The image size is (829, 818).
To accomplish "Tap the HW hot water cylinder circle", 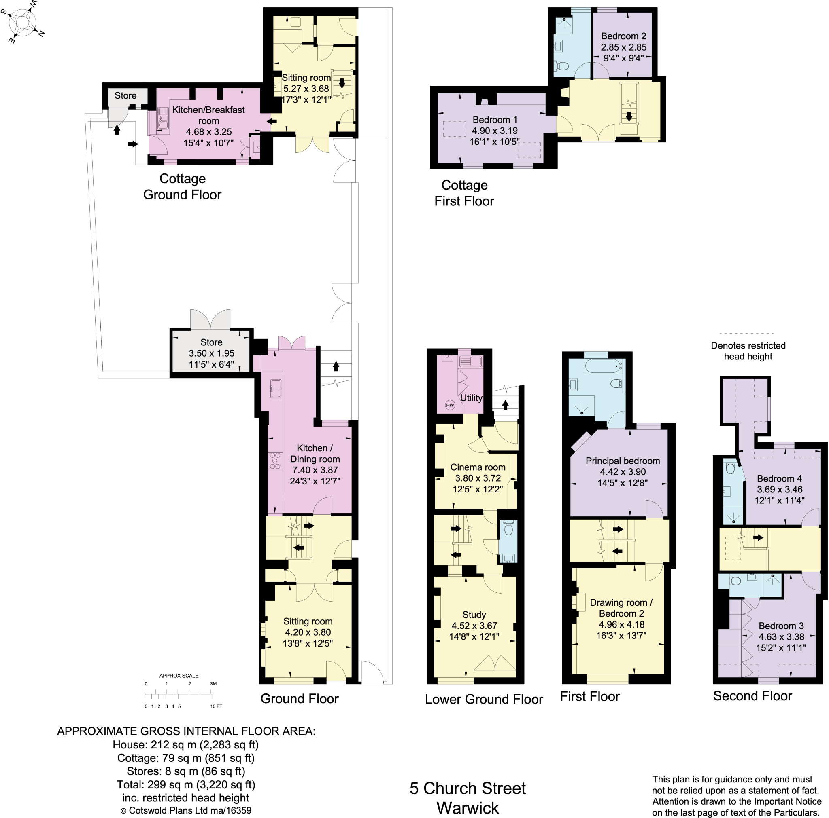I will pyautogui.click(x=450, y=405).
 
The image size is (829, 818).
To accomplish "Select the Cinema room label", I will pyautogui.click(x=478, y=467).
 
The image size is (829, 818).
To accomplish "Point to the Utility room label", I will pyautogui.click(x=471, y=398).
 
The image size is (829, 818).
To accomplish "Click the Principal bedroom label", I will pyautogui.click(x=623, y=461).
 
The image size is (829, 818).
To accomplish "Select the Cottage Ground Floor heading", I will pyautogui.click(x=183, y=186).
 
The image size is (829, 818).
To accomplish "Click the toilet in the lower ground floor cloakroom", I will pyautogui.click(x=508, y=529).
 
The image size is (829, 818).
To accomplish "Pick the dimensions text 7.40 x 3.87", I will pyautogui.click(x=315, y=470).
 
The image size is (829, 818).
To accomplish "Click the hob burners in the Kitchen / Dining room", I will pyautogui.click(x=274, y=461).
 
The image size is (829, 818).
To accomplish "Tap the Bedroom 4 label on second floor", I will pyautogui.click(x=779, y=478).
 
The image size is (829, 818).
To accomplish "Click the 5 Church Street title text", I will pyautogui.click(x=467, y=788).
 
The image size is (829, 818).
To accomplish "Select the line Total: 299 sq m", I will pyautogui.click(x=186, y=784).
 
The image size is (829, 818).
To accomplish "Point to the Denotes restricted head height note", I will pyautogui.click(x=748, y=351).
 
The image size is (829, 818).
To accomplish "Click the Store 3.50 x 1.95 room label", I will pyautogui.click(x=211, y=353).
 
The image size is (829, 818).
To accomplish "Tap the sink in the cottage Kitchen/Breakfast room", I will pyautogui.click(x=163, y=119).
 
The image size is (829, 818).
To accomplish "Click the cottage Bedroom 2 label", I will pyautogui.click(x=623, y=36).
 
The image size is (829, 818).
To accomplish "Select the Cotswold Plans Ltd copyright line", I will pyautogui.click(x=186, y=810).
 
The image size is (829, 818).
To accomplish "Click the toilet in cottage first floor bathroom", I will pyautogui.click(x=562, y=66).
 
